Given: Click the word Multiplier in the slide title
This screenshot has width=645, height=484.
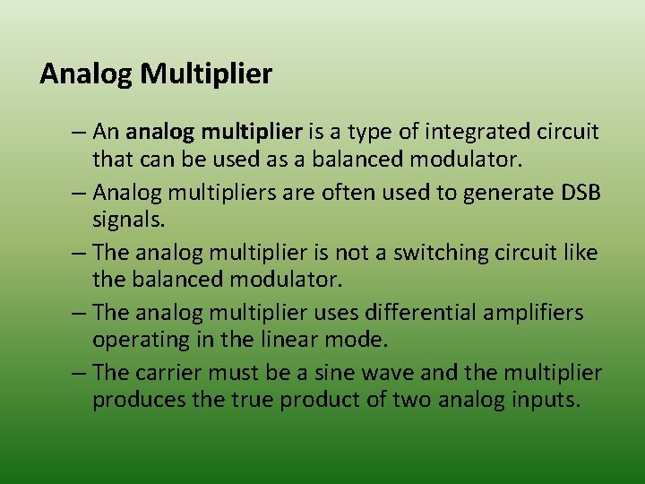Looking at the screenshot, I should tap(206, 73).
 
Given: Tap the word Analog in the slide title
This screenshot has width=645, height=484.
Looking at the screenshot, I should tap(86, 73).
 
